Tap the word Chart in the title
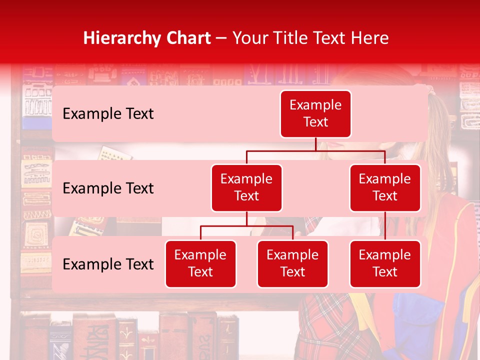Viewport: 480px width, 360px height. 187,38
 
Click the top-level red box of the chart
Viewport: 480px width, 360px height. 315,113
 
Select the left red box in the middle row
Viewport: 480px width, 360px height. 246,187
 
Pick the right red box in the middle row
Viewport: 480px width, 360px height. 385,187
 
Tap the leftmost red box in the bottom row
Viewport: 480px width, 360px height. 200,263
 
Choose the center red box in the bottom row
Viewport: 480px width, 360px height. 292,263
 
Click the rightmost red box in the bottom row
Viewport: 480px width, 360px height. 385,263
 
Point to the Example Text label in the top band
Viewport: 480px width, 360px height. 108,114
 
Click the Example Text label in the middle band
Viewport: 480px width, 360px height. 108,188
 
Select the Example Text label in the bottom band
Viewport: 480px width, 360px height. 108,264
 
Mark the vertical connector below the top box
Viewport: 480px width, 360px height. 315,144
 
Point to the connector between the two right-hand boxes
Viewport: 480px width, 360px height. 385,225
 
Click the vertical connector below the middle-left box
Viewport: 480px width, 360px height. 246,218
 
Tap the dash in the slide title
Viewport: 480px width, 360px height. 221,38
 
